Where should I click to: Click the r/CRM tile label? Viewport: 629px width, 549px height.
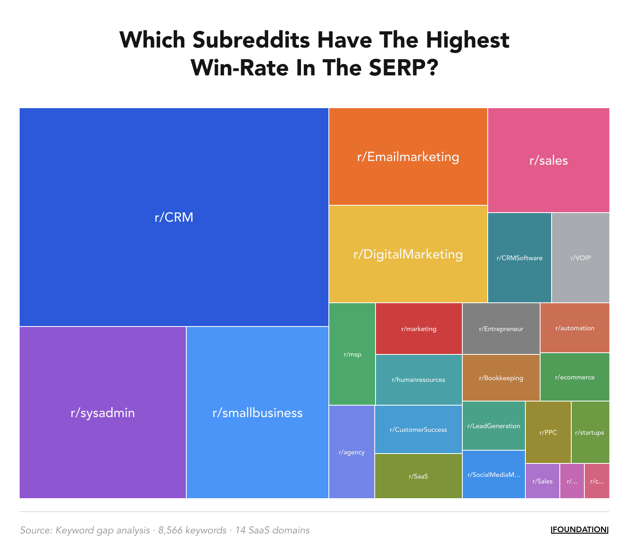(174, 217)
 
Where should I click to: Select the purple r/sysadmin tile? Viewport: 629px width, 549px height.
(103, 412)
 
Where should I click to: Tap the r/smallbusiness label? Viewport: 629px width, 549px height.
(257, 413)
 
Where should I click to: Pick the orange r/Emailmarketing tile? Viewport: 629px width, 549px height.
(408, 157)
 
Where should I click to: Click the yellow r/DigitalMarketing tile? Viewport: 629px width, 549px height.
(408, 254)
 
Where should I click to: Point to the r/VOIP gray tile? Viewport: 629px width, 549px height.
(580, 258)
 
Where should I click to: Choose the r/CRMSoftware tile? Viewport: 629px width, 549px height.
(519, 258)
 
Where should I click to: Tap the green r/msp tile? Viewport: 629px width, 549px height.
(352, 354)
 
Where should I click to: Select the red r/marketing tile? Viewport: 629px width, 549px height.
(419, 329)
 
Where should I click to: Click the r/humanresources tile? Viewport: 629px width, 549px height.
(418, 379)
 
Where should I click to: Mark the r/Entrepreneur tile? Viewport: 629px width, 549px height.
(501, 329)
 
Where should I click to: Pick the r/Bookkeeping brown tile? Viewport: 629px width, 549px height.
(501, 378)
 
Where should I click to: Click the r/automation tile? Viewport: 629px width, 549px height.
(575, 328)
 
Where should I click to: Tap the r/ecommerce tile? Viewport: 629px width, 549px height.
(575, 377)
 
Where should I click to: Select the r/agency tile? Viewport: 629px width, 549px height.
(351, 452)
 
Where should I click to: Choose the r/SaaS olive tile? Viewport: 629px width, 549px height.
(418, 476)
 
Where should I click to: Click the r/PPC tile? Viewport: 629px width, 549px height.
(548, 432)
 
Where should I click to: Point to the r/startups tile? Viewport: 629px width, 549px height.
(590, 432)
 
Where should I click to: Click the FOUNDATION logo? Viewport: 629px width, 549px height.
(579, 529)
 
